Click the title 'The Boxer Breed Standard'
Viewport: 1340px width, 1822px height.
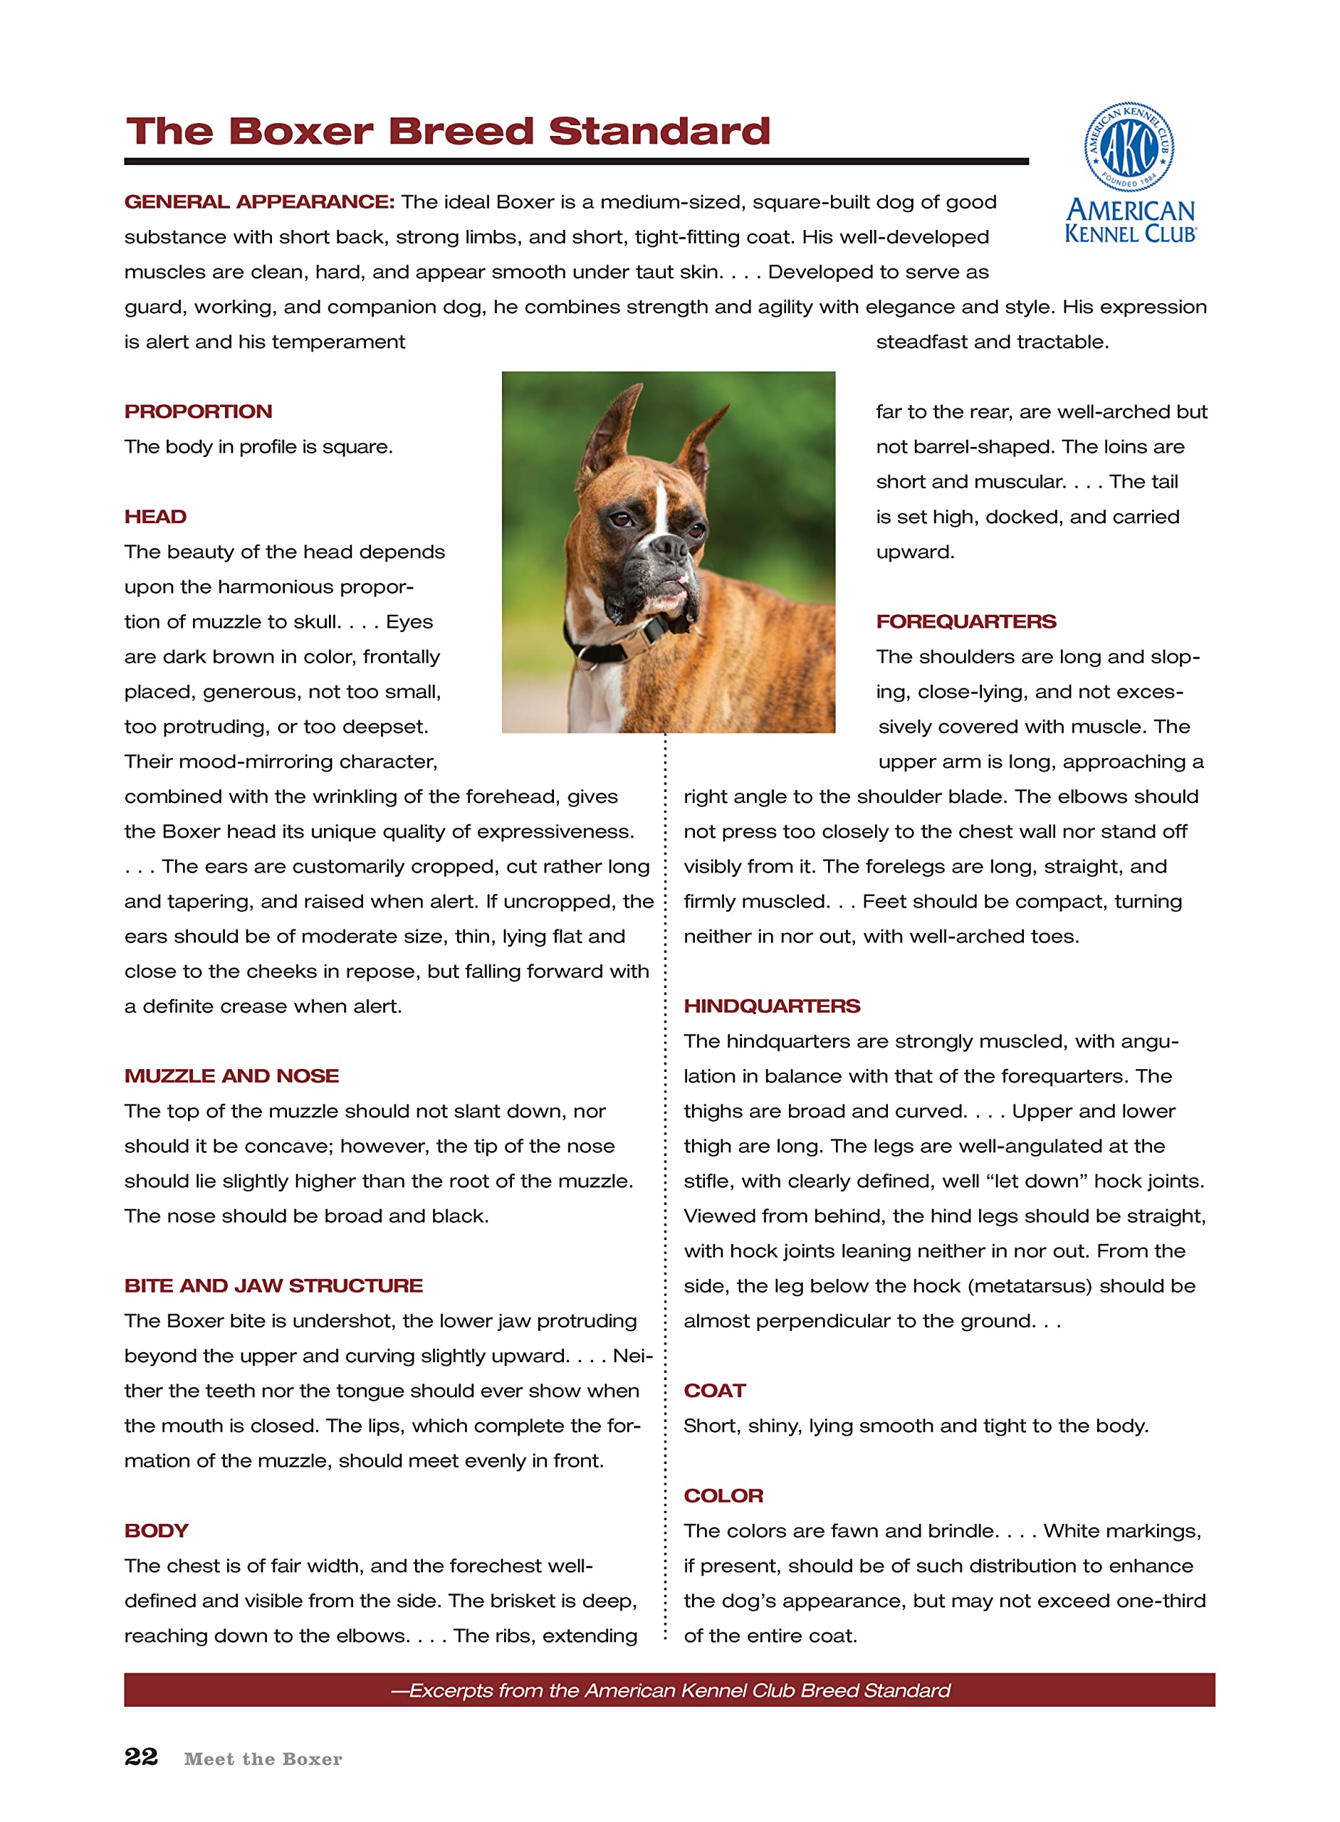click(448, 132)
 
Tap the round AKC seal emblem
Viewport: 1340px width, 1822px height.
click(1129, 147)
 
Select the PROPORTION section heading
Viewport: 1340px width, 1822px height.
click(198, 411)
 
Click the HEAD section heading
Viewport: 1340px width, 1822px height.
click(155, 517)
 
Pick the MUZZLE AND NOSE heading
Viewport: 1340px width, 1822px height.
click(231, 1075)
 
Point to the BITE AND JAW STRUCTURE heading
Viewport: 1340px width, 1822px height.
click(273, 1285)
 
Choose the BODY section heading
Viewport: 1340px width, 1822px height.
click(156, 1530)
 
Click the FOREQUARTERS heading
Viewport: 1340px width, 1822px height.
click(965, 621)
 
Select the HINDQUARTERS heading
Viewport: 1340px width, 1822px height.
click(771, 1006)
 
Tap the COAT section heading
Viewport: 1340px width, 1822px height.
click(714, 1390)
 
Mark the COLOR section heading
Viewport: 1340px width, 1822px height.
click(723, 1495)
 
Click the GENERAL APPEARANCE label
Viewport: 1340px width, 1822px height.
click(258, 202)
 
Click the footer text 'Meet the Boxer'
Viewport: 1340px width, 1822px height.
click(263, 1759)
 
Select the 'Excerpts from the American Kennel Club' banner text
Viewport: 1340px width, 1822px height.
click(670, 1690)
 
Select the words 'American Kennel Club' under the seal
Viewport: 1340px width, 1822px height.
click(1130, 221)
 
